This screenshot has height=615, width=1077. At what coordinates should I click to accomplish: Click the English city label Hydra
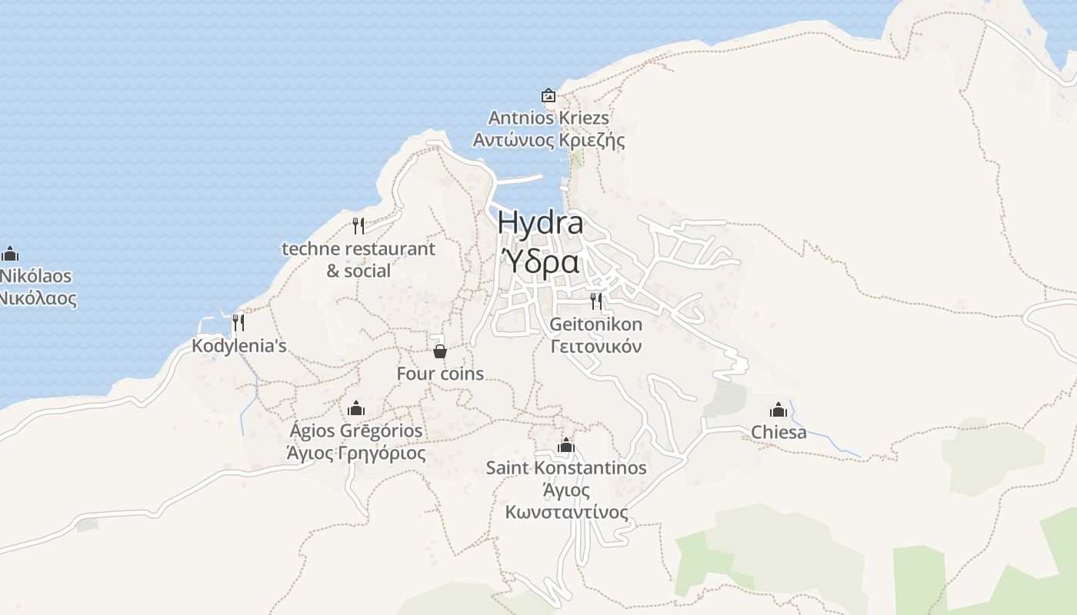pyautogui.click(x=540, y=223)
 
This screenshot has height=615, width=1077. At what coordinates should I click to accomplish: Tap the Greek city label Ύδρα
pyautogui.click(x=540, y=261)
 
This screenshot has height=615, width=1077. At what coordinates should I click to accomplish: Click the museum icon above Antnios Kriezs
pyautogui.click(x=549, y=95)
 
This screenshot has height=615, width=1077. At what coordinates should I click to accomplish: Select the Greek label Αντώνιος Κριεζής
pyautogui.click(x=549, y=141)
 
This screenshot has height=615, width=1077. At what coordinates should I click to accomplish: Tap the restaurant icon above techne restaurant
pyautogui.click(x=358, y=225)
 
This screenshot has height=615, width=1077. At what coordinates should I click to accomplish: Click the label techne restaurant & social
pyautogui.click(x=358, y=260)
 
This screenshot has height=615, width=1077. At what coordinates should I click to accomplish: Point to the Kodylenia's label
pyautogui.click(x=238, y=346)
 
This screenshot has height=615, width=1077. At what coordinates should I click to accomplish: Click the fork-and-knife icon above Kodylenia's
pyautogui.click(x=238, y=322)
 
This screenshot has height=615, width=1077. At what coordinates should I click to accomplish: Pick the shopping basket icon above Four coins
pyautogui.click(x=439, y=351)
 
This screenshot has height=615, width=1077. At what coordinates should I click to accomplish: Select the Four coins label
pyautogui.click(x=440, y=374)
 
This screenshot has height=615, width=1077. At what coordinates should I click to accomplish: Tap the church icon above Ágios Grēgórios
pyautogui.click(x=356, y=407)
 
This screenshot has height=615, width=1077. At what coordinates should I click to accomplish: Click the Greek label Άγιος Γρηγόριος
pyautogui.click(x=356, y=453)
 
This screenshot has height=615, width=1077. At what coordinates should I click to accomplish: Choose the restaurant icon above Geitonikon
pyautogui.click(x=596, y=301)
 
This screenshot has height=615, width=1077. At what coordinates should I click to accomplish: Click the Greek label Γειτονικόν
pyautogui.click(x=596, y=346)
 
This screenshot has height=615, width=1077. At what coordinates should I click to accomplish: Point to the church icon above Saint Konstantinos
pyautogui.click(x=566, y=445)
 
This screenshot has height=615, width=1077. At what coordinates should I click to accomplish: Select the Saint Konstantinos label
pyautogui.click(x=566, y=467)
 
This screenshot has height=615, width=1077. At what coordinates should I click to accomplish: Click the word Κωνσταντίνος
pyautogui.click(x=566, y=512)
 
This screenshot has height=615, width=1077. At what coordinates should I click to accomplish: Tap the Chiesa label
pyautogui.click(x=779, y=432)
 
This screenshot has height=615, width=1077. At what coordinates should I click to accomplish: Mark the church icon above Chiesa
pyautogui.click(x=779, y=409)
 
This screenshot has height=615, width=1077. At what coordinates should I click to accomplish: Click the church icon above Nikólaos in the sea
pyautogui.click(x=10, y=253)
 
